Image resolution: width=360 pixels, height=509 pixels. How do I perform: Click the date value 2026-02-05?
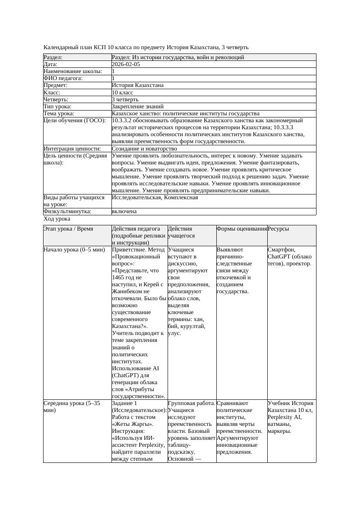pyautogui.click(x=126, y=64)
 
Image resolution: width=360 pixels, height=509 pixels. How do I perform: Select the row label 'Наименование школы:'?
pyautogui.click(x=73, y=71)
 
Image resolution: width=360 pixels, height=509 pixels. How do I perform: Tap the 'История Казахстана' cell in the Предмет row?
pyautogui.click(x=138, y=85)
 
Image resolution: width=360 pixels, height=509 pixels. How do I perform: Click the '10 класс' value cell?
pyautogui.click(x=123, y=92)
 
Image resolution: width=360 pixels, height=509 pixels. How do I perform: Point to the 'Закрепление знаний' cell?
pyautogui.click(x=138, y=106)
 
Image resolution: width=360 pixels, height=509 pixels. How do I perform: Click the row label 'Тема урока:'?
pyautogui.click(x=59, y=114)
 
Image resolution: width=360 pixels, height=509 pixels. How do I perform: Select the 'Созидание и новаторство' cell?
pyautogui.click(x=144, y=149)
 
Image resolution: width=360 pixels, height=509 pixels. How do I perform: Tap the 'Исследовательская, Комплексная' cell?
pyautogui.click(x=155, y=198)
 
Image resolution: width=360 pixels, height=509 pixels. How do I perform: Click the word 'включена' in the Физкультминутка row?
pyautogui.click(x=124, y=211)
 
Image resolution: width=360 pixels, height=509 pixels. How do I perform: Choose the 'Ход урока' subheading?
pyautogui.click(x=57, y=219)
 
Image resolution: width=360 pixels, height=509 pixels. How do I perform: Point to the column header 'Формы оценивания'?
pyautogui.click(x=242, y=228)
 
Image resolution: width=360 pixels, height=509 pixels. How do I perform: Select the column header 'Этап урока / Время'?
pyautogui.click(x=68, y=228)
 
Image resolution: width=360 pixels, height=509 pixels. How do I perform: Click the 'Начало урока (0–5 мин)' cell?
pyautogui.click(x=74, y=250)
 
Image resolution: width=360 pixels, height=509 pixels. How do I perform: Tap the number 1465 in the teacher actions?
pyautogui.click(x=118, y=278)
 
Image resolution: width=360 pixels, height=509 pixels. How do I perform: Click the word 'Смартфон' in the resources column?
pyautogui.click(x=281, y=250)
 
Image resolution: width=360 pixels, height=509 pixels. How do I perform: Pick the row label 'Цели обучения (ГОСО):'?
pyautogui.click(x=74, y=121)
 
